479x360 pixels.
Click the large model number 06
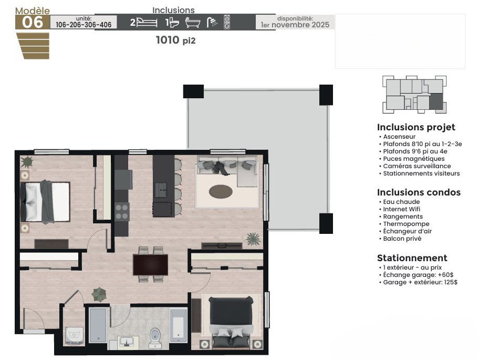pos(33,22)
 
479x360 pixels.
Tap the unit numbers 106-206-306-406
pos(84,25)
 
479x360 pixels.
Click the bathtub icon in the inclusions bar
pos(193,23)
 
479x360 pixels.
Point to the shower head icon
pos(212,22)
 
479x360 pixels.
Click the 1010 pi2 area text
pos(175,40)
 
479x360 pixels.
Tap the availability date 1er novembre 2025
pos(295,25)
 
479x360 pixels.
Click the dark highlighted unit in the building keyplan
pos(436,101)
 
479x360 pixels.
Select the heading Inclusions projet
pos(416,127)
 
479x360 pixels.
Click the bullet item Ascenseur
pos(399,137)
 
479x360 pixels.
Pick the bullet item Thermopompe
pos(406,224)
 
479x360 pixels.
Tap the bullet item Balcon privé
pos(402,239)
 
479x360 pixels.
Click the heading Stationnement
pos(412,258)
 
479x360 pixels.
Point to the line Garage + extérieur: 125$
pos(420,282)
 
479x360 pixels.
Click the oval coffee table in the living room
pos(221,192)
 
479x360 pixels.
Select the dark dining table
pos(150,265)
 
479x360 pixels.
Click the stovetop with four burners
pos(122,212)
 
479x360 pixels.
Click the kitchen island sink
pos(161,190)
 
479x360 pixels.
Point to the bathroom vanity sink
pos(127,341)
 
